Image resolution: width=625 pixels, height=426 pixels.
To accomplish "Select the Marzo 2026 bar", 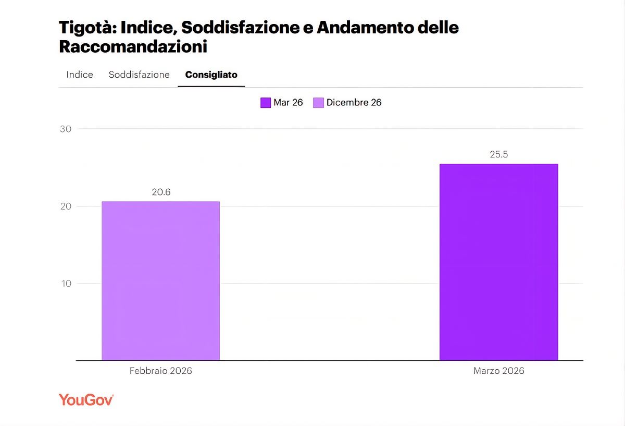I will pyautogui.click(x=498, y=262).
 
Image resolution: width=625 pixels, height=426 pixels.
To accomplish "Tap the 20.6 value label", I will pyautogui.click(x=161, y=192).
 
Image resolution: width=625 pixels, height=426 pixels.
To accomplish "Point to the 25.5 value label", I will pyautogui.click(x=499, y=154).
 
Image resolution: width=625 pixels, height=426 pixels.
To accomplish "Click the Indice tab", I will pyautogui.click(x=80, y=75).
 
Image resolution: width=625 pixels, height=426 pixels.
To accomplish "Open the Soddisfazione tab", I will pyautogui.click(x=139, y=75).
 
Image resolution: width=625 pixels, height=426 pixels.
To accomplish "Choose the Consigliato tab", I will pyautogui.click(x=211, y=75).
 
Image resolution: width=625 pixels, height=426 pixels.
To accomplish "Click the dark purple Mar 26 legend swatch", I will pyautogui.click(x=266, y=103).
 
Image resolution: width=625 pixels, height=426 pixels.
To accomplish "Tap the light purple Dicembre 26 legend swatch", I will pyautogui.click(x=318, y=103).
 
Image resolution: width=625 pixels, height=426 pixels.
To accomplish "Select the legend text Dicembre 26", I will pyautogui.click(x=354, y=103).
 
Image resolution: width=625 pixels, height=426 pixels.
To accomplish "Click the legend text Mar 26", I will pyautogui.click(x=288, y=103).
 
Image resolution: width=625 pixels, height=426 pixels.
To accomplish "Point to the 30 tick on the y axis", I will pyautogui.click(x=66, y=129).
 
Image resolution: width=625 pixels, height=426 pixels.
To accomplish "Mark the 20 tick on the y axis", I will pyautogui.click(x=66, y=206).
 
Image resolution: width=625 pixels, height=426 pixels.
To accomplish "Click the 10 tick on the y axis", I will pyautogui.click(x=66, y=284).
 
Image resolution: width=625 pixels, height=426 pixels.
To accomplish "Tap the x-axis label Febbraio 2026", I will pyautogui.click(x=160, y=371).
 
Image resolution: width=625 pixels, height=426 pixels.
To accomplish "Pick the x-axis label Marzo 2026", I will pyautogui.click(x=498, y=371).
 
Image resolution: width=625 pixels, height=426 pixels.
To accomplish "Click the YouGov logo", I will pyautogui.click(x=86, y=400).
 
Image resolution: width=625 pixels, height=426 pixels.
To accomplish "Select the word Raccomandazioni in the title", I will pyautogui.click(x=133, y=47).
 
